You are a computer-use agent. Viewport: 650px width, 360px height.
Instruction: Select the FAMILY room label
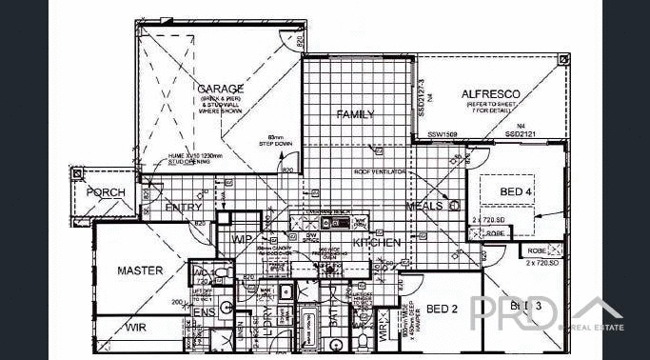[355, 114]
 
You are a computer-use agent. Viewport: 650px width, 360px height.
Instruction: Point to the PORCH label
[106, 192]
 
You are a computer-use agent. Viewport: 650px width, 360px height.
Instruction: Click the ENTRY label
[183, 207]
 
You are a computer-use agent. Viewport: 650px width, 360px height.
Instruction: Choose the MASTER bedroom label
[140, 270]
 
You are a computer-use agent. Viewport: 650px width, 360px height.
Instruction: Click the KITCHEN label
[377, 243]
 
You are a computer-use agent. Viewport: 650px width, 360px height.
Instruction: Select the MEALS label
[423, 206]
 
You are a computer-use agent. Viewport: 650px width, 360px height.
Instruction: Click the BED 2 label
[443, 309]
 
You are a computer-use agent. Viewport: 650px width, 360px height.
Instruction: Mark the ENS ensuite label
[204, 311]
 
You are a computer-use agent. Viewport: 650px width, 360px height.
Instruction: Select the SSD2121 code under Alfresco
[521, 134]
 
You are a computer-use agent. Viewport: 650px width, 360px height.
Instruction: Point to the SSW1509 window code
[443, 134]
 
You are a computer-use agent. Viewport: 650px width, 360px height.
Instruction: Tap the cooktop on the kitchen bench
[337, 223]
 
